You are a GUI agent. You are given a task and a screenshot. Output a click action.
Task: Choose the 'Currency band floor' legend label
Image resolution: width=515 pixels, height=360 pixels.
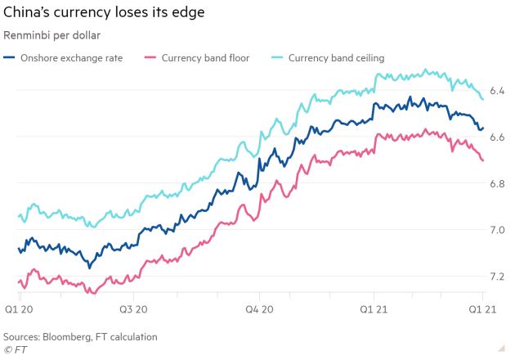205,58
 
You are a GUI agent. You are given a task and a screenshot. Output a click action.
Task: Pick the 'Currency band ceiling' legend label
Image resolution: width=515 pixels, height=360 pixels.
336,58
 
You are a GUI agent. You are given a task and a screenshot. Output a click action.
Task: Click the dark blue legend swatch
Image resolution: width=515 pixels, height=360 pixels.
11,58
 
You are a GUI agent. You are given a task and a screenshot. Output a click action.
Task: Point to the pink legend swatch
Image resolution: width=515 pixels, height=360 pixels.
150,58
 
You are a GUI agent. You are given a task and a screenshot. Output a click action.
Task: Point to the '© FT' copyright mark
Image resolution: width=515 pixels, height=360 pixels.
15,349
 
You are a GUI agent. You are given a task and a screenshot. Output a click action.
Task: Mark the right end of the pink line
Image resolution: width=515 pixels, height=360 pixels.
483,160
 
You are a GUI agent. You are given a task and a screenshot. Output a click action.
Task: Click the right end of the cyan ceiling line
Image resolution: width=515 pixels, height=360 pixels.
483,99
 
